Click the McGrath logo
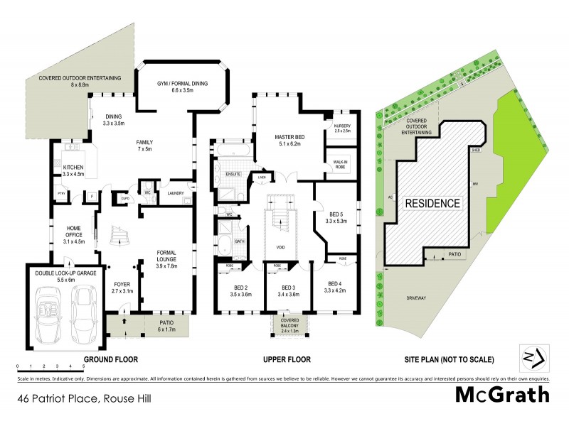point(502,394)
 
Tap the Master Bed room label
point(289,140)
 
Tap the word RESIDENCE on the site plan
point(432,203)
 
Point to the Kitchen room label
point(73,170)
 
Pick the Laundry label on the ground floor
point(176,192)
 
